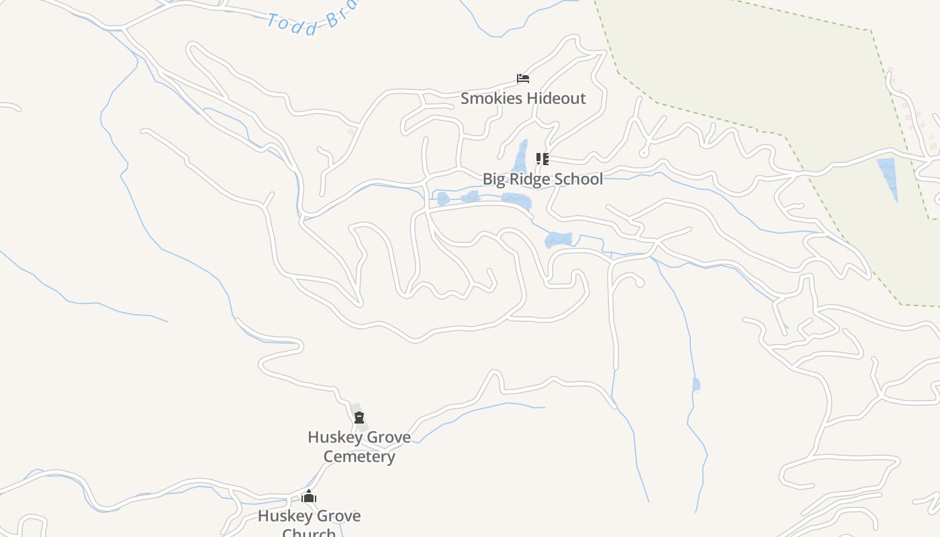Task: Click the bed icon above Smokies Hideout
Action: [x=523, y=79]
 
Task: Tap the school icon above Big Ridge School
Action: [x=542, y=159]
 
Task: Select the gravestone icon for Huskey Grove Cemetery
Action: [x=359, y=418]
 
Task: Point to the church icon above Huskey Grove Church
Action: [x=309, y=497]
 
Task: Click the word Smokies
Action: [x=491, y=99]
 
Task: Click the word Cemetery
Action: [x=359, y=457]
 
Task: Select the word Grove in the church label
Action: [x=337, y=516]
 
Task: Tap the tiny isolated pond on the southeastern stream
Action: [x=696, y=384]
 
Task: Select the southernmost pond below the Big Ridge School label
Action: [x=558, y=239]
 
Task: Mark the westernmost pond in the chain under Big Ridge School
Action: [x=443, y=199]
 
